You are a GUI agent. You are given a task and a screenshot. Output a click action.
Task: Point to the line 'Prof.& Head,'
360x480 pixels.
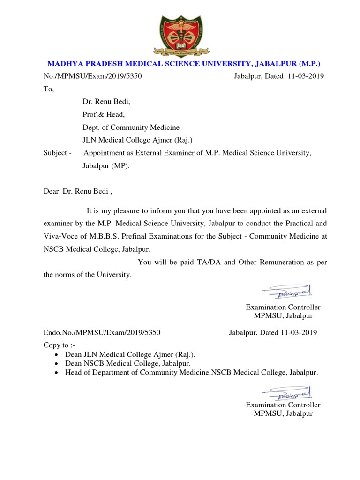pyautogui.click(x=104, y=114)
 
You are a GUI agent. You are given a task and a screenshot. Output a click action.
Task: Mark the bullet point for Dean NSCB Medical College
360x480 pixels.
pyautogui.click(x=56, y=363)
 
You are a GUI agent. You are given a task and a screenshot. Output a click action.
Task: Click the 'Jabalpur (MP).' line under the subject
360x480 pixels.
pyautogui.click(x=106, y=165)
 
